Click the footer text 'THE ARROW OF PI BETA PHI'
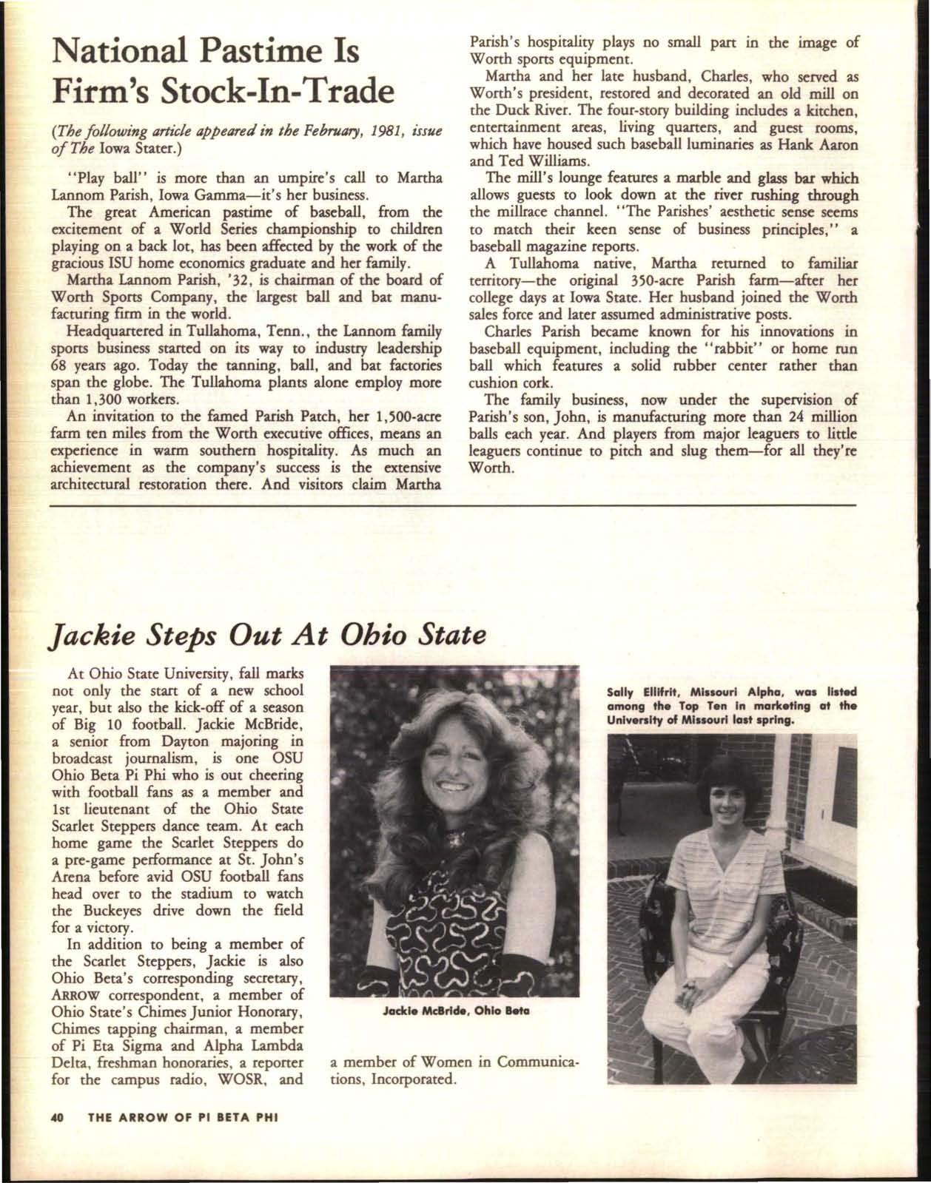182,1139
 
